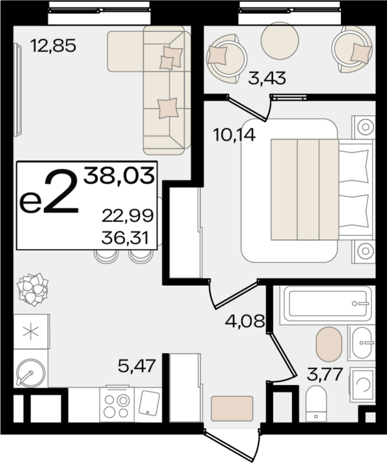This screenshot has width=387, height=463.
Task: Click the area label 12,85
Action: coord(54,45)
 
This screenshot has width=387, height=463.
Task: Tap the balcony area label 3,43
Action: coord(267,78)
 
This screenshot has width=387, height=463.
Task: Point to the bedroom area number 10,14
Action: coord(234,135)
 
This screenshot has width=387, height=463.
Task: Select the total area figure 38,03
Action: coord(119,176)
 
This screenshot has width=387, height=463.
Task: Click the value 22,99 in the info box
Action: coord(128,216)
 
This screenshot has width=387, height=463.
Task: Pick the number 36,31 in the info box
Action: coord(125,238)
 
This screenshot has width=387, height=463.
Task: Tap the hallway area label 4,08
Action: coord(244,320)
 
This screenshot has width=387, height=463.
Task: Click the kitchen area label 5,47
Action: coord(136,366)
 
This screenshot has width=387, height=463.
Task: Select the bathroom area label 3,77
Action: coord(325,374)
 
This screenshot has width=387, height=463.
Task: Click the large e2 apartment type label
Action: coord(49,192)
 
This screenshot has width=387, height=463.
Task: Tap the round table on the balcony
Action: coord(280,41)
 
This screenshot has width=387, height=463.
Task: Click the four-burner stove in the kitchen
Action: coord(117,405)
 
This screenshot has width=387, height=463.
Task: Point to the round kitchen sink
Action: coord(31,372)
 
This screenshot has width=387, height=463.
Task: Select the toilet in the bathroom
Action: coord(316,403)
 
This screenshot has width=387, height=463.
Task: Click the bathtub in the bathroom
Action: coord(327,303)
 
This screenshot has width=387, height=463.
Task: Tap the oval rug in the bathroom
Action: coord(329,344)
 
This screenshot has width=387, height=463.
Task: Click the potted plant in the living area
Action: coord(33,289)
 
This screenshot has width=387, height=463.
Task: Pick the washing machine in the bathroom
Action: coord(362,385)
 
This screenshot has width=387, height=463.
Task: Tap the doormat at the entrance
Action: coord(232,409)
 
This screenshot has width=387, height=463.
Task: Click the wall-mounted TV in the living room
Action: coord(18,90)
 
